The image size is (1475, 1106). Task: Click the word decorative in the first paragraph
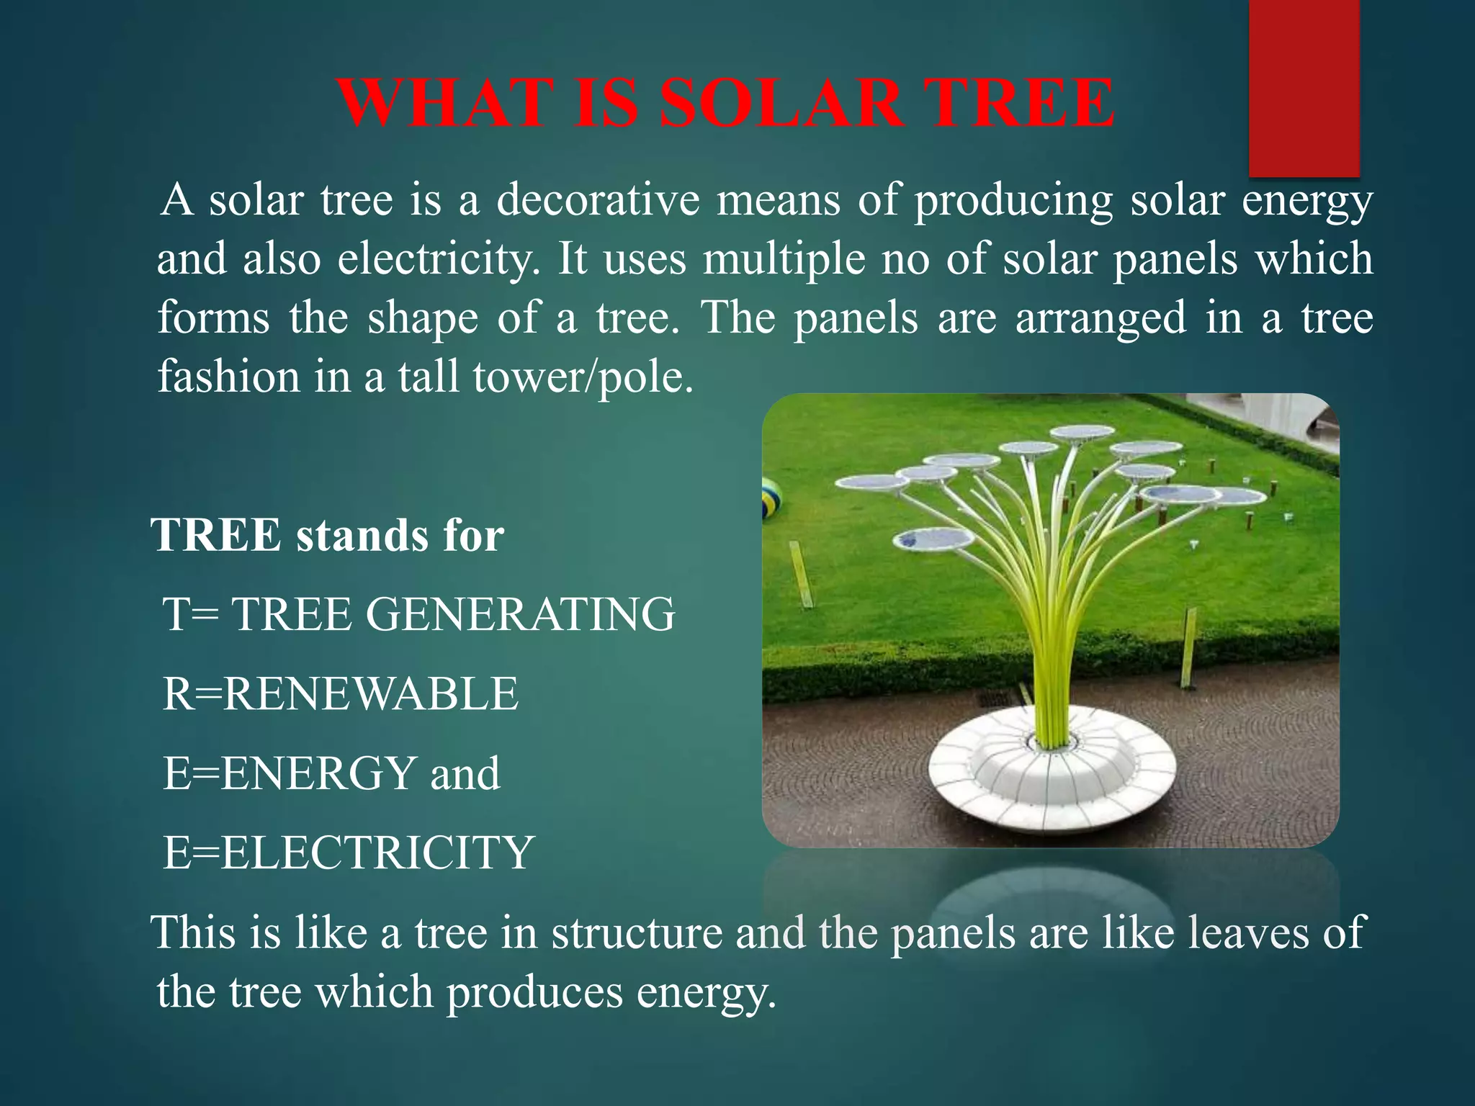[x=598, y=199]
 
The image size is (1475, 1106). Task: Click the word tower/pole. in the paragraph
[x=583, y=377]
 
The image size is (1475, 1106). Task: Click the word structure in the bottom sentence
[x=637, y=932]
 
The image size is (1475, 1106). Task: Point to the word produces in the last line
[x=534, y=992]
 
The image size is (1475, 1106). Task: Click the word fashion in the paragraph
[x=228, y=377]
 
